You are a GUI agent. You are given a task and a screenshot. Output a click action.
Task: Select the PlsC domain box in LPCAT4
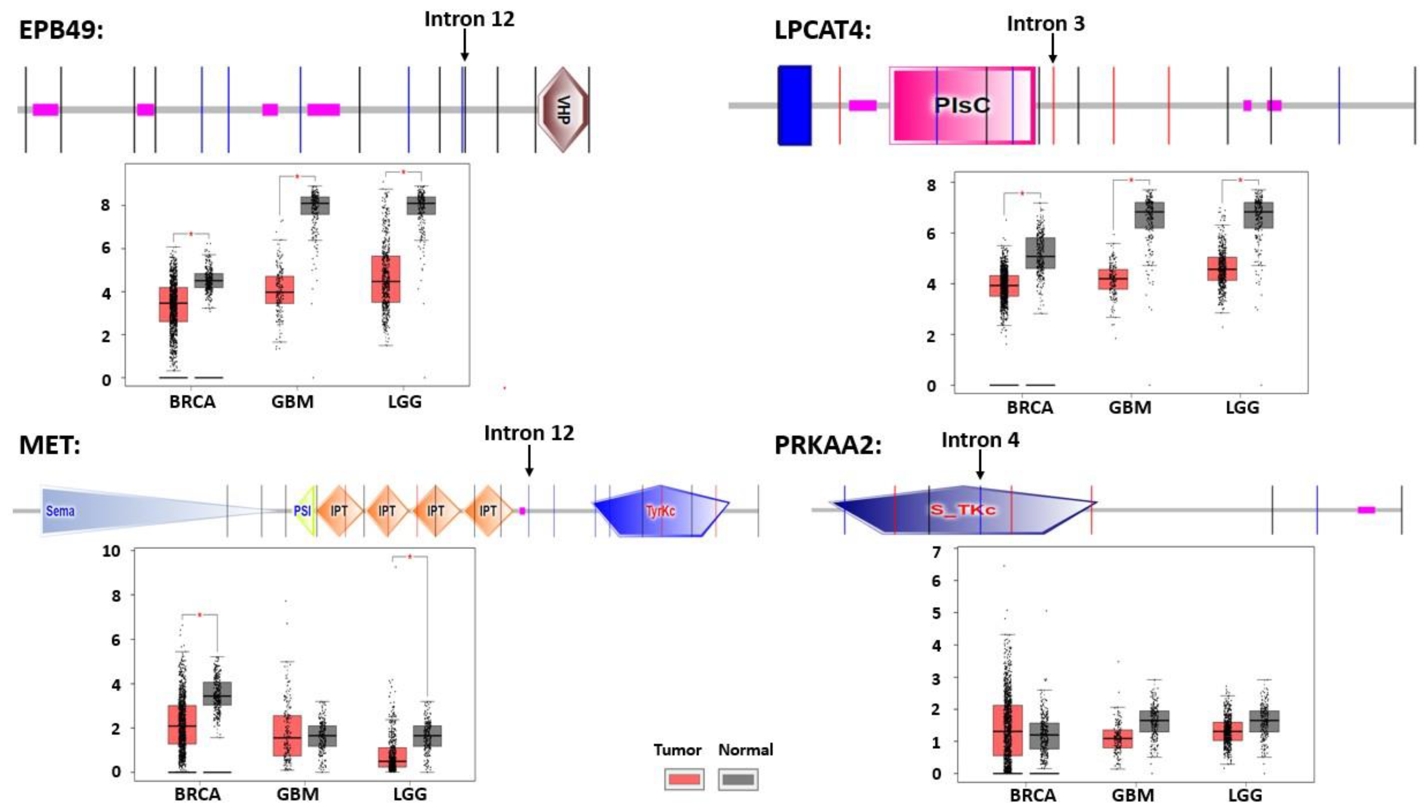962,105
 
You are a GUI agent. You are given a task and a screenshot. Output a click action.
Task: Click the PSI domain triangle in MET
305,511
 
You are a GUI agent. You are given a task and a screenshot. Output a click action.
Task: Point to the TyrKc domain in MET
661,511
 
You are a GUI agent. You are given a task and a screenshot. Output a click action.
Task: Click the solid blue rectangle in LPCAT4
795,105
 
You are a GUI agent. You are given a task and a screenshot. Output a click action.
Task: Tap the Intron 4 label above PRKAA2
980,440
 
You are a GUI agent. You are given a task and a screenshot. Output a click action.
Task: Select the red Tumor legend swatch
684,779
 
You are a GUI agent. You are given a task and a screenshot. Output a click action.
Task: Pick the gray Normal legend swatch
738,779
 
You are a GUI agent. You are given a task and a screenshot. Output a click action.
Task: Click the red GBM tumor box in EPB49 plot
280,290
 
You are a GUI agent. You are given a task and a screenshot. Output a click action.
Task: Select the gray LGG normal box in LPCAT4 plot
1258,215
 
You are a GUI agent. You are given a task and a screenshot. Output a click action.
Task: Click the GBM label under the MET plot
298,794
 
